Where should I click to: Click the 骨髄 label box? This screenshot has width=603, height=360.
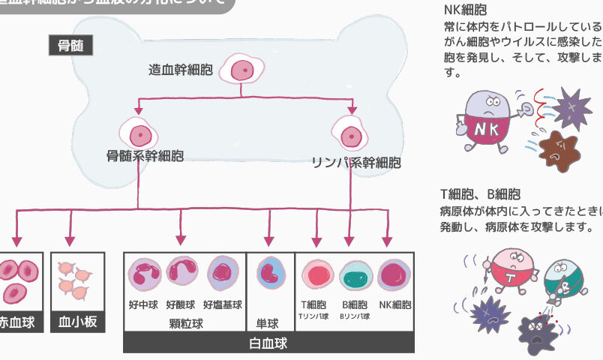[70, 46]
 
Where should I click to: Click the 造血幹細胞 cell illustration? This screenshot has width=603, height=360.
[240, 70]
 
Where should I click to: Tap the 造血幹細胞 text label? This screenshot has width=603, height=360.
[181, 70]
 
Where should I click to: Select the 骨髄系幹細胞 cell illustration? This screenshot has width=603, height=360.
[139, 135]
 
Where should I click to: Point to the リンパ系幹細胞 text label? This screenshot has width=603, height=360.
[356, 162]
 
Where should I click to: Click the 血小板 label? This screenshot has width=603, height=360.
[77, 323]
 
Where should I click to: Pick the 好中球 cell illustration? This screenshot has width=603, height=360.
[145, 274]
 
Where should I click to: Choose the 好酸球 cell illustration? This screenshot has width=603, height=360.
[182, 274]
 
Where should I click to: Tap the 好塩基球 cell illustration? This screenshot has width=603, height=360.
[223, 274]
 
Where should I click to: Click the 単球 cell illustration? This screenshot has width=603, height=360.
[269, 275]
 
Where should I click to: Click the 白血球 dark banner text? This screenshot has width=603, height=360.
[268, 344]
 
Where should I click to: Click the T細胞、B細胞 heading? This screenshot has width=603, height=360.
[480, 194]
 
